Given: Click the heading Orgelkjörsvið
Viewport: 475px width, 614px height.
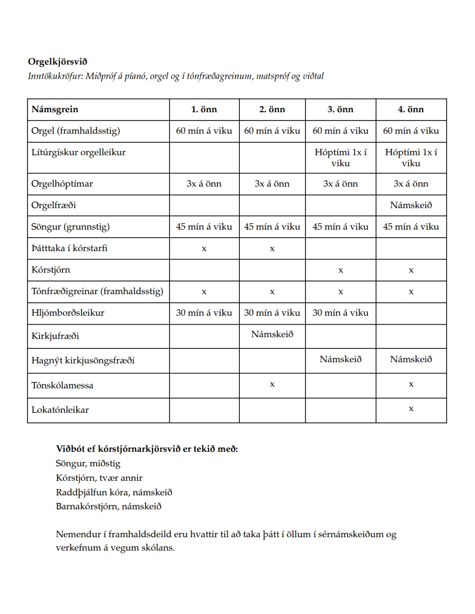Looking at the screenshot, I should (x=58, y=61).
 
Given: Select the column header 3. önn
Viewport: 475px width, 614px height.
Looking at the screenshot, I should (x=341, y=109).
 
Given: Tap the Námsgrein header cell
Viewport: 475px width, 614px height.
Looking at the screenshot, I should (x=55, y=109).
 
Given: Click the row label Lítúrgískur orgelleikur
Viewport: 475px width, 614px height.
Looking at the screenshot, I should (x=79, y=152).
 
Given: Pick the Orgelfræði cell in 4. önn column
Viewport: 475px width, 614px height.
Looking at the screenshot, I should (x=411, y=205).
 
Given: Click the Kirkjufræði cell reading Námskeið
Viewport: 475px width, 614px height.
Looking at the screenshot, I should (x=272, y=334).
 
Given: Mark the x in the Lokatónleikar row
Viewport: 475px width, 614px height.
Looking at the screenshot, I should (x=411, y=409).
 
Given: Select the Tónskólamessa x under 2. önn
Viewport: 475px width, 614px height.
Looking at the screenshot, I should (x=272, y=384).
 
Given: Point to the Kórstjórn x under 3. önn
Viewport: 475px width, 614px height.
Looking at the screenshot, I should (x=341, y=270).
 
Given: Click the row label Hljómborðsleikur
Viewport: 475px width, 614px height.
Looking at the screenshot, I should (x=68, y=313).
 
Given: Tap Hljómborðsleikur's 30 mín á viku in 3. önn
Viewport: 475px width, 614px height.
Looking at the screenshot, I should (x=341, y=313).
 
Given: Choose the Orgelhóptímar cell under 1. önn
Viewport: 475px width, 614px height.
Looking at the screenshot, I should (x=204, y=184).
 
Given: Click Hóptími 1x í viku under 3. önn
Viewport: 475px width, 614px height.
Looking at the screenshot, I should (x=341, y=158).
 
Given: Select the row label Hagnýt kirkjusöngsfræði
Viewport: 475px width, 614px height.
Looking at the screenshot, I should (x=83, y=360).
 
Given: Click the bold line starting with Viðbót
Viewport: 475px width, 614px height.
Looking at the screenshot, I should (x=147, y=449).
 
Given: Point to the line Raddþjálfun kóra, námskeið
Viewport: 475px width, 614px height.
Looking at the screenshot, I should (x=114, y=492).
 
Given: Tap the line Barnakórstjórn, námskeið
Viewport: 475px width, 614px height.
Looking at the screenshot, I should (x=108, y=506).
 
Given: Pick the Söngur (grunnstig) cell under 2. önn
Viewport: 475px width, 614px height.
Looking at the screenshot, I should (x=272, y=227).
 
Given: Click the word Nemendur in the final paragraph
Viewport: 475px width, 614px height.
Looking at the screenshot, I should (x=75, y=534).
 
